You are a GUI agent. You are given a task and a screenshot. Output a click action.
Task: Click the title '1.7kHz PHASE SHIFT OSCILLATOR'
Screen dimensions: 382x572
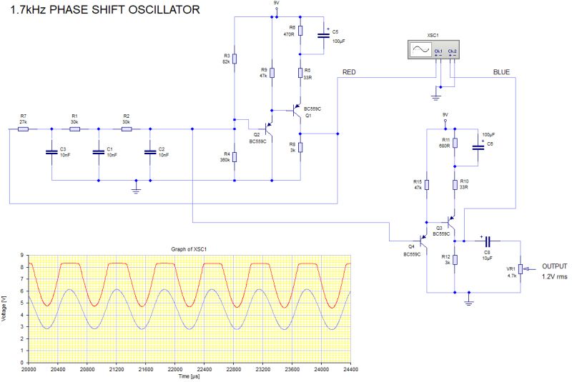click(104, 11)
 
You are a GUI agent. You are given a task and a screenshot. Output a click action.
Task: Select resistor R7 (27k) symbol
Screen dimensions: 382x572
click(23, 129)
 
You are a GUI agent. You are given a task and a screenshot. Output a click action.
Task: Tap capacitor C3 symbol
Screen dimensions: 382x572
click(51, 151)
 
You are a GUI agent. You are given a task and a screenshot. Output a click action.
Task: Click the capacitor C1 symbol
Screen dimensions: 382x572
click(99, 151)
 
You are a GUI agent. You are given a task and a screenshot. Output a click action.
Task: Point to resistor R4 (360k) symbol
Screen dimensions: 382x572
click(235, 156)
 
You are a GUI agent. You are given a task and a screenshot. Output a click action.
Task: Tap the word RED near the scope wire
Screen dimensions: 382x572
click(350, 73)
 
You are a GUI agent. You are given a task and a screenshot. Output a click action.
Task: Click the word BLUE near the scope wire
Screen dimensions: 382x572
click(501, 73)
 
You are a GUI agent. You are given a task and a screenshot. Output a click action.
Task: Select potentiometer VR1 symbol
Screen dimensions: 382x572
click(521, 269)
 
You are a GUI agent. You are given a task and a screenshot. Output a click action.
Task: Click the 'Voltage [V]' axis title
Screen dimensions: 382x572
click(5, 308)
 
